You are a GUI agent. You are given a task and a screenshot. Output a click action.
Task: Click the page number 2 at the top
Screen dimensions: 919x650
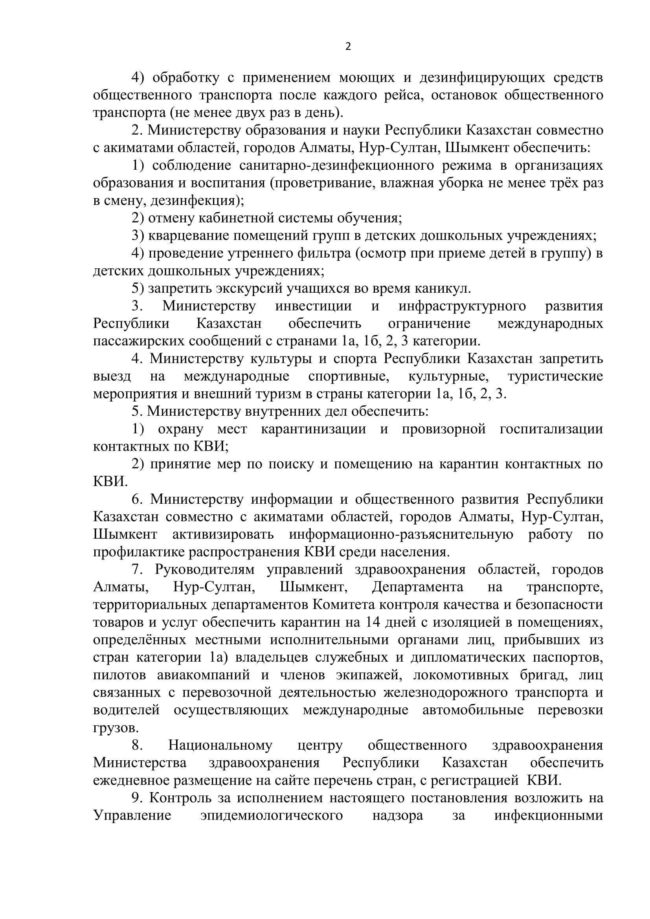[347, 47]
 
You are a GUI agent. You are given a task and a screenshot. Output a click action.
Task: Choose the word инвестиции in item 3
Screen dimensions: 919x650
[313, 306]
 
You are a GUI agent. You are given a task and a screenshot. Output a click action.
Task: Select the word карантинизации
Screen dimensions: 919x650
[313, 429]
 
